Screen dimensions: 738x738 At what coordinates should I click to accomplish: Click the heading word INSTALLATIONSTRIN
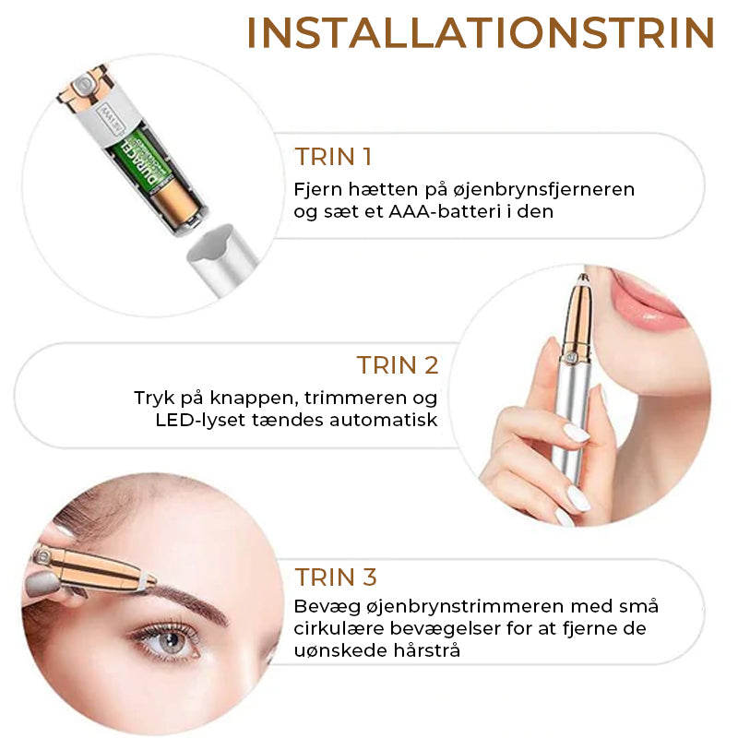pyautogui.click(x=481, y=33)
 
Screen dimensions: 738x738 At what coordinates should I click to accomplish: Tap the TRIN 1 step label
pyautogui.click(x=333, y=157)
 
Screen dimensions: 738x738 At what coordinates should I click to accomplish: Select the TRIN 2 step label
pyautogui.click(x=398, y=365)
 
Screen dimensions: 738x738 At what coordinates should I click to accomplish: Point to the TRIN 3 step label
pyautogui.click(x=336, y=577)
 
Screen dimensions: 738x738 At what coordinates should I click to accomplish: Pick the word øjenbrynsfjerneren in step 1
pyautogui.click(x=543, y=190)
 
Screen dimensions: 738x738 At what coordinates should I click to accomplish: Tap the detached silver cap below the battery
pyautogui.click(x=222, y=259)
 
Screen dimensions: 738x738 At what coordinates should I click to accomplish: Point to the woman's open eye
pyautogui.click(x=170, y=640)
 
